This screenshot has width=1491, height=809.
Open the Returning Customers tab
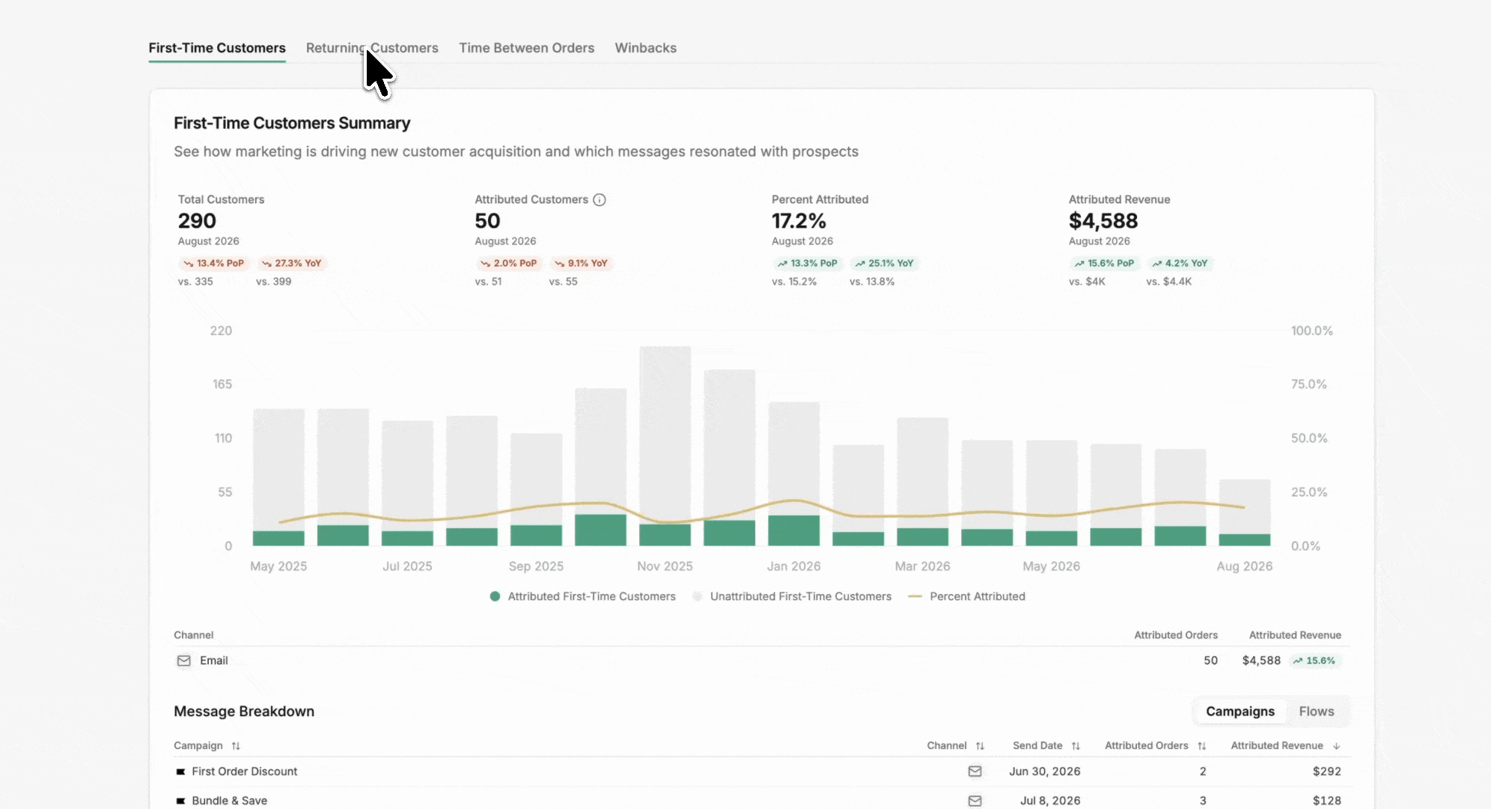[x=372, y=48]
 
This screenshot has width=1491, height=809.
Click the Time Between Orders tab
[x=526, y=48]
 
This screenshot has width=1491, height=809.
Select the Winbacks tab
[x=645, y=48]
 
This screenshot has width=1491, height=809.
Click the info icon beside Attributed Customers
[x=600, y=200]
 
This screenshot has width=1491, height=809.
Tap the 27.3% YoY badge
[x=291, y=264]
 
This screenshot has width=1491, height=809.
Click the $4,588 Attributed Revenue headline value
[x=1103, y=221]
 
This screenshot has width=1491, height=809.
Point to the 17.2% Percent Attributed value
[x=799, y=221]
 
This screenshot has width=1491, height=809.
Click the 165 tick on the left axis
[x=222, y=384]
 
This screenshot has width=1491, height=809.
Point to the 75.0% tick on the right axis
[x=1308, y=384]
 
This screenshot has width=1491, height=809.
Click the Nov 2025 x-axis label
[x=665, y=566]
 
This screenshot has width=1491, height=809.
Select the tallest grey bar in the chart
[x=665, y=434]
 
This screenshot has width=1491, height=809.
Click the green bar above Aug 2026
[x=1245, y=539]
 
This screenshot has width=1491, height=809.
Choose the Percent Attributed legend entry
[x=966, y=597]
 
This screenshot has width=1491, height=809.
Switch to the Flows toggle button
[x=1317, y=712]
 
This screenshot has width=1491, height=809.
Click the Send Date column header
[x=1037, y=746]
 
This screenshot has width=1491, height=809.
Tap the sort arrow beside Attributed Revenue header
[x=1337, y=746]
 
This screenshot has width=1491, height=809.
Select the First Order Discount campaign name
[x=244, y=772]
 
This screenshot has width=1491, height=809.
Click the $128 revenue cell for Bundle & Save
[x=1327, y=801]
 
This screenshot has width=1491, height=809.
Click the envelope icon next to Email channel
[x=183, y=661]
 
